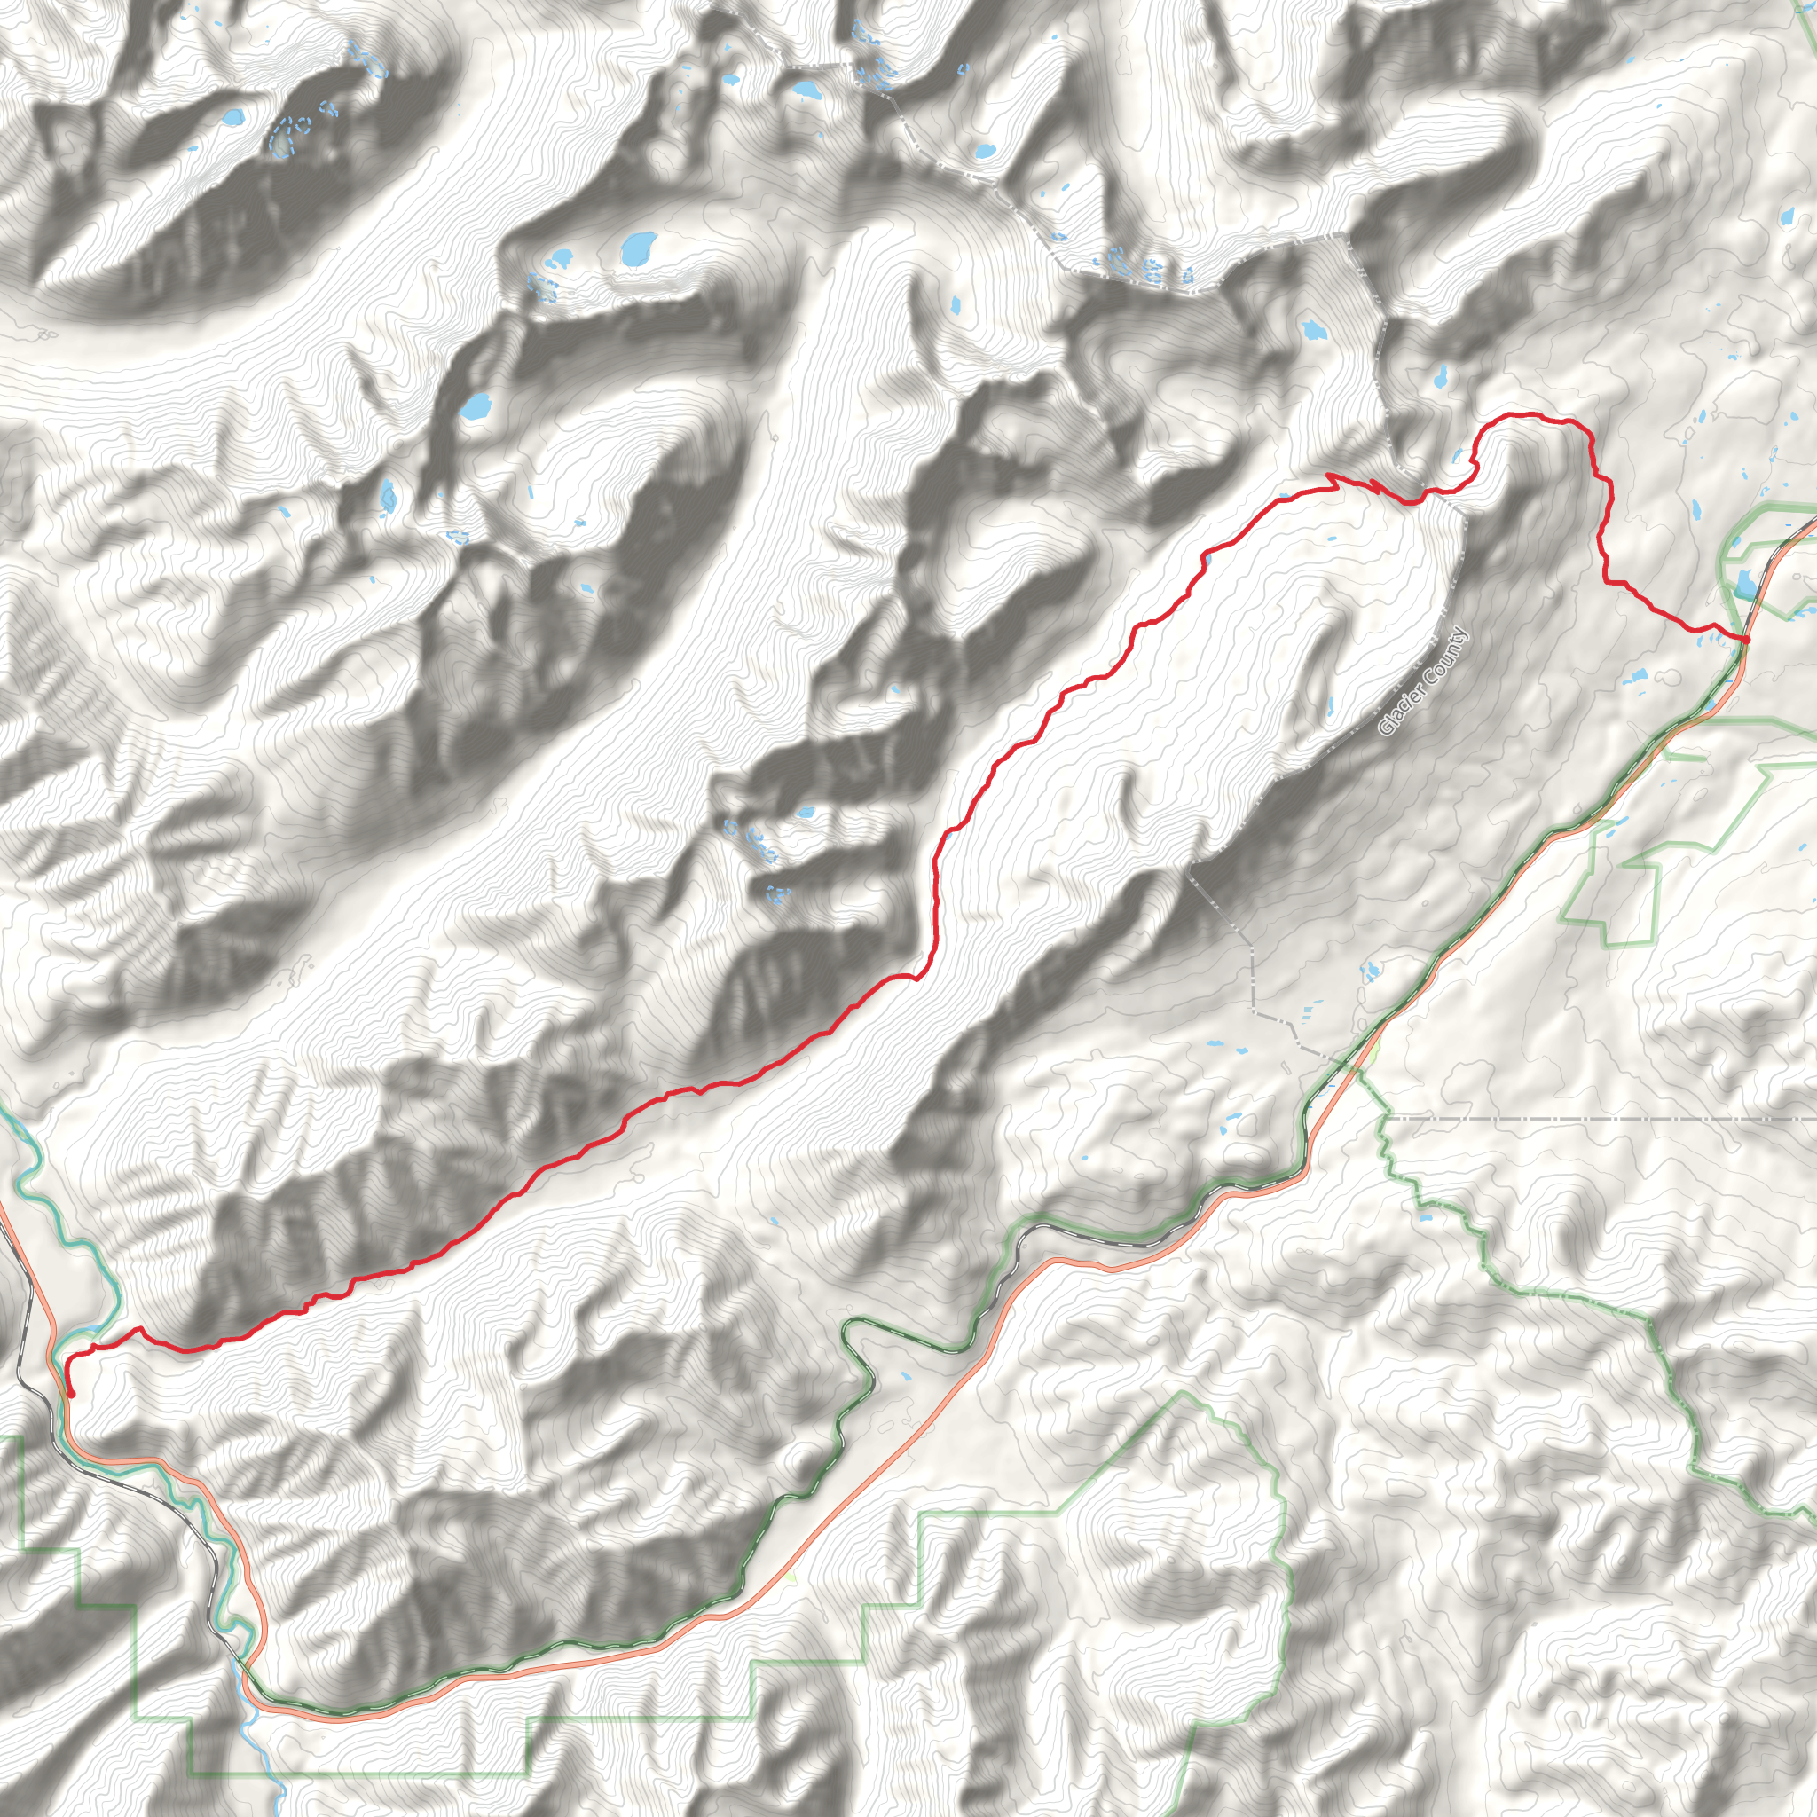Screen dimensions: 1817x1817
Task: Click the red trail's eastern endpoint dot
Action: pos(1744,640)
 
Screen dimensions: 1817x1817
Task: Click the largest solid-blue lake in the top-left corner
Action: pos(232,119)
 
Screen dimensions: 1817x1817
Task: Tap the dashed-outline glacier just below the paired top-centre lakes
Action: pos(541,286)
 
